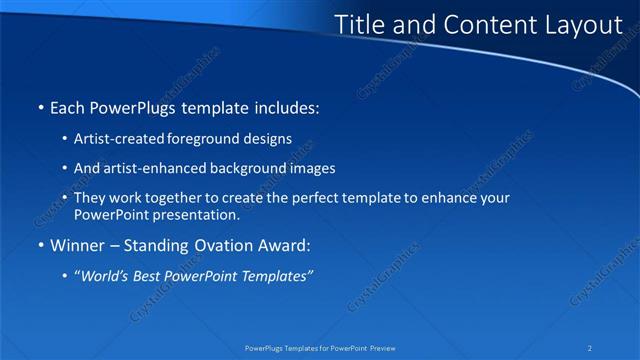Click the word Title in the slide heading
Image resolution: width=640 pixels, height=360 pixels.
[x=357, y=25]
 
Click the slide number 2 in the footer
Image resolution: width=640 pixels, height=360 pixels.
[x=590, y=348]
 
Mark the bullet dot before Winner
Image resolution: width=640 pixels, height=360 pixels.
[x=40, y=246]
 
